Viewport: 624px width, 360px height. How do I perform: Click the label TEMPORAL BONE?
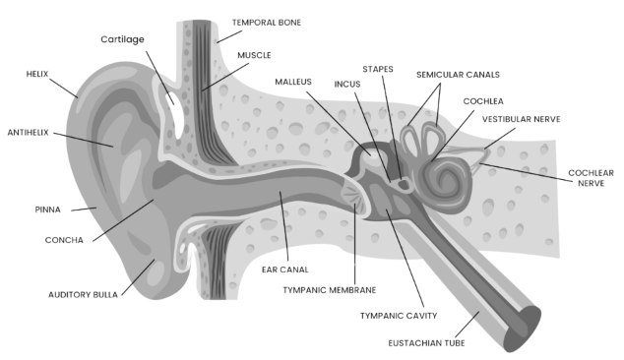point(268,22)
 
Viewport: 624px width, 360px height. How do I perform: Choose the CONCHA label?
point(65,239)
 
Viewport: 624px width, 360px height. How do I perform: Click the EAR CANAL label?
point(286,269)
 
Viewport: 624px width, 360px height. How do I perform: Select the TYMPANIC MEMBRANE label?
point(330,290)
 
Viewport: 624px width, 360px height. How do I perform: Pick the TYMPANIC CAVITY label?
point(399,316)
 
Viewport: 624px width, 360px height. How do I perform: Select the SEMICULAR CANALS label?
point(458,75)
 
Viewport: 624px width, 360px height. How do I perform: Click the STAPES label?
point(378,70)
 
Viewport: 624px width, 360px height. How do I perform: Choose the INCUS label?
point(347,84)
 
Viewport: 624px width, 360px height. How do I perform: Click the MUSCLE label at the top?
point(255,56)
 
